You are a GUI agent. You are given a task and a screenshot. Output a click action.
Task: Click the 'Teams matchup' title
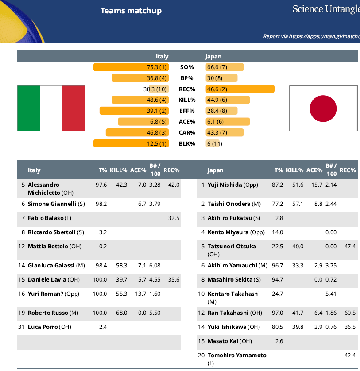(131, 11)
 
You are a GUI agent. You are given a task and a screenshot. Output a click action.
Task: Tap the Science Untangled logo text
(326, 9)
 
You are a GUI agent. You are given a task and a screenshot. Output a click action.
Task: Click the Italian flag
(51, 109)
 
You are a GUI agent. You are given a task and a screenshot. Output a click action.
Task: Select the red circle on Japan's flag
(323, 108)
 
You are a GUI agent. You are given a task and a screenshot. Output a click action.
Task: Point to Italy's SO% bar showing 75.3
(131, 67)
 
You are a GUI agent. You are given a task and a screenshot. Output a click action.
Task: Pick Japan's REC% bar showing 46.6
(240, 89)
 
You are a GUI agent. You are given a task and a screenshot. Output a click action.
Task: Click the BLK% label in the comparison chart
(187, 143)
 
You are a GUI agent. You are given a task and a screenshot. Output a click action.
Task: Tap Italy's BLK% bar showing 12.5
(131, 143)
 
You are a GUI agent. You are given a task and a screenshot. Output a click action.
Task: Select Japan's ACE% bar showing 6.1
(228, 122)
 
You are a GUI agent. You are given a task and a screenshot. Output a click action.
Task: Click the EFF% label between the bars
(187, 111)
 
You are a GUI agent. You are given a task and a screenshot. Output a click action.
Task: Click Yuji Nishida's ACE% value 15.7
(317, 185)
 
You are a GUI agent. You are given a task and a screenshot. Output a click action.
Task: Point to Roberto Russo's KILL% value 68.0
(121, 313)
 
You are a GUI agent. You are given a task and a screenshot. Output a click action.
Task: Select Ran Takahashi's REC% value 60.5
(350, 313)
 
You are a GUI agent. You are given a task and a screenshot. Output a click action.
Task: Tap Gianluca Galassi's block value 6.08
(155, 265)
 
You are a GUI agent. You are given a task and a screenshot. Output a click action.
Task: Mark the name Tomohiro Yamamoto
(237, 356)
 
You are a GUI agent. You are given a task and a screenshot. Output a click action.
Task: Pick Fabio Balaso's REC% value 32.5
(174, 218)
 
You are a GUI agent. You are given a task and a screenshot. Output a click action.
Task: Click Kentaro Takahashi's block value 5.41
(331, 294)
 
